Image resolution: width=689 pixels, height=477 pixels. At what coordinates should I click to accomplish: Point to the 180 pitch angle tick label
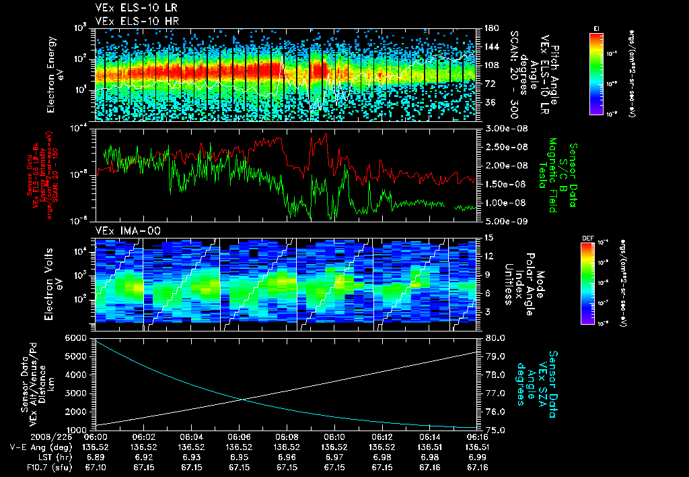click(x=490, y=28)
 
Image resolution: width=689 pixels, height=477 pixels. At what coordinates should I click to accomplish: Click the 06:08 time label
click(x=287, y=437)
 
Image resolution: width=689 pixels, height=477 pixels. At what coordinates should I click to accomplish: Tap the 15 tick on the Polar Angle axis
click(x=489, y=238)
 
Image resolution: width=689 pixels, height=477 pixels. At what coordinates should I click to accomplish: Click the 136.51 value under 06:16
click(x=477, y=447)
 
